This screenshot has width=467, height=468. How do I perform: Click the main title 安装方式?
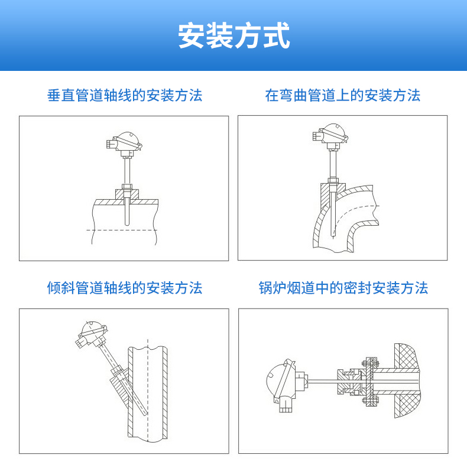tap(234, 35)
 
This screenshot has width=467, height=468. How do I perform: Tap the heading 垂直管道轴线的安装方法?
tap(125, 95)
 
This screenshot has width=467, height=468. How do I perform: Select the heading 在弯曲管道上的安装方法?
tap(343, 95)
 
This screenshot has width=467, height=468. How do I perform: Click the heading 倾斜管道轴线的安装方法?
tap(125, 288)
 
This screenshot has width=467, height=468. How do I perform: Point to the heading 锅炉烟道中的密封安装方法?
tap(343, 288)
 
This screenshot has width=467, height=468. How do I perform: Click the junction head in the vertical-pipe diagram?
tap(125, 144)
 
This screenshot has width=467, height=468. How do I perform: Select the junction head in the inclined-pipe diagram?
tap(91, 334)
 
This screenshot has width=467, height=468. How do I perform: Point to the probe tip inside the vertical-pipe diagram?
tap(127, 223)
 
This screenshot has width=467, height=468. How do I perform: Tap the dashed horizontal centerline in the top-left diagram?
tap(121, 230)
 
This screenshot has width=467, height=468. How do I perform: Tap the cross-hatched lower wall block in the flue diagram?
tap(407, 405)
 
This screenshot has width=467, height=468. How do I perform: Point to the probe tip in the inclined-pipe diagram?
tap(146, 413)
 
